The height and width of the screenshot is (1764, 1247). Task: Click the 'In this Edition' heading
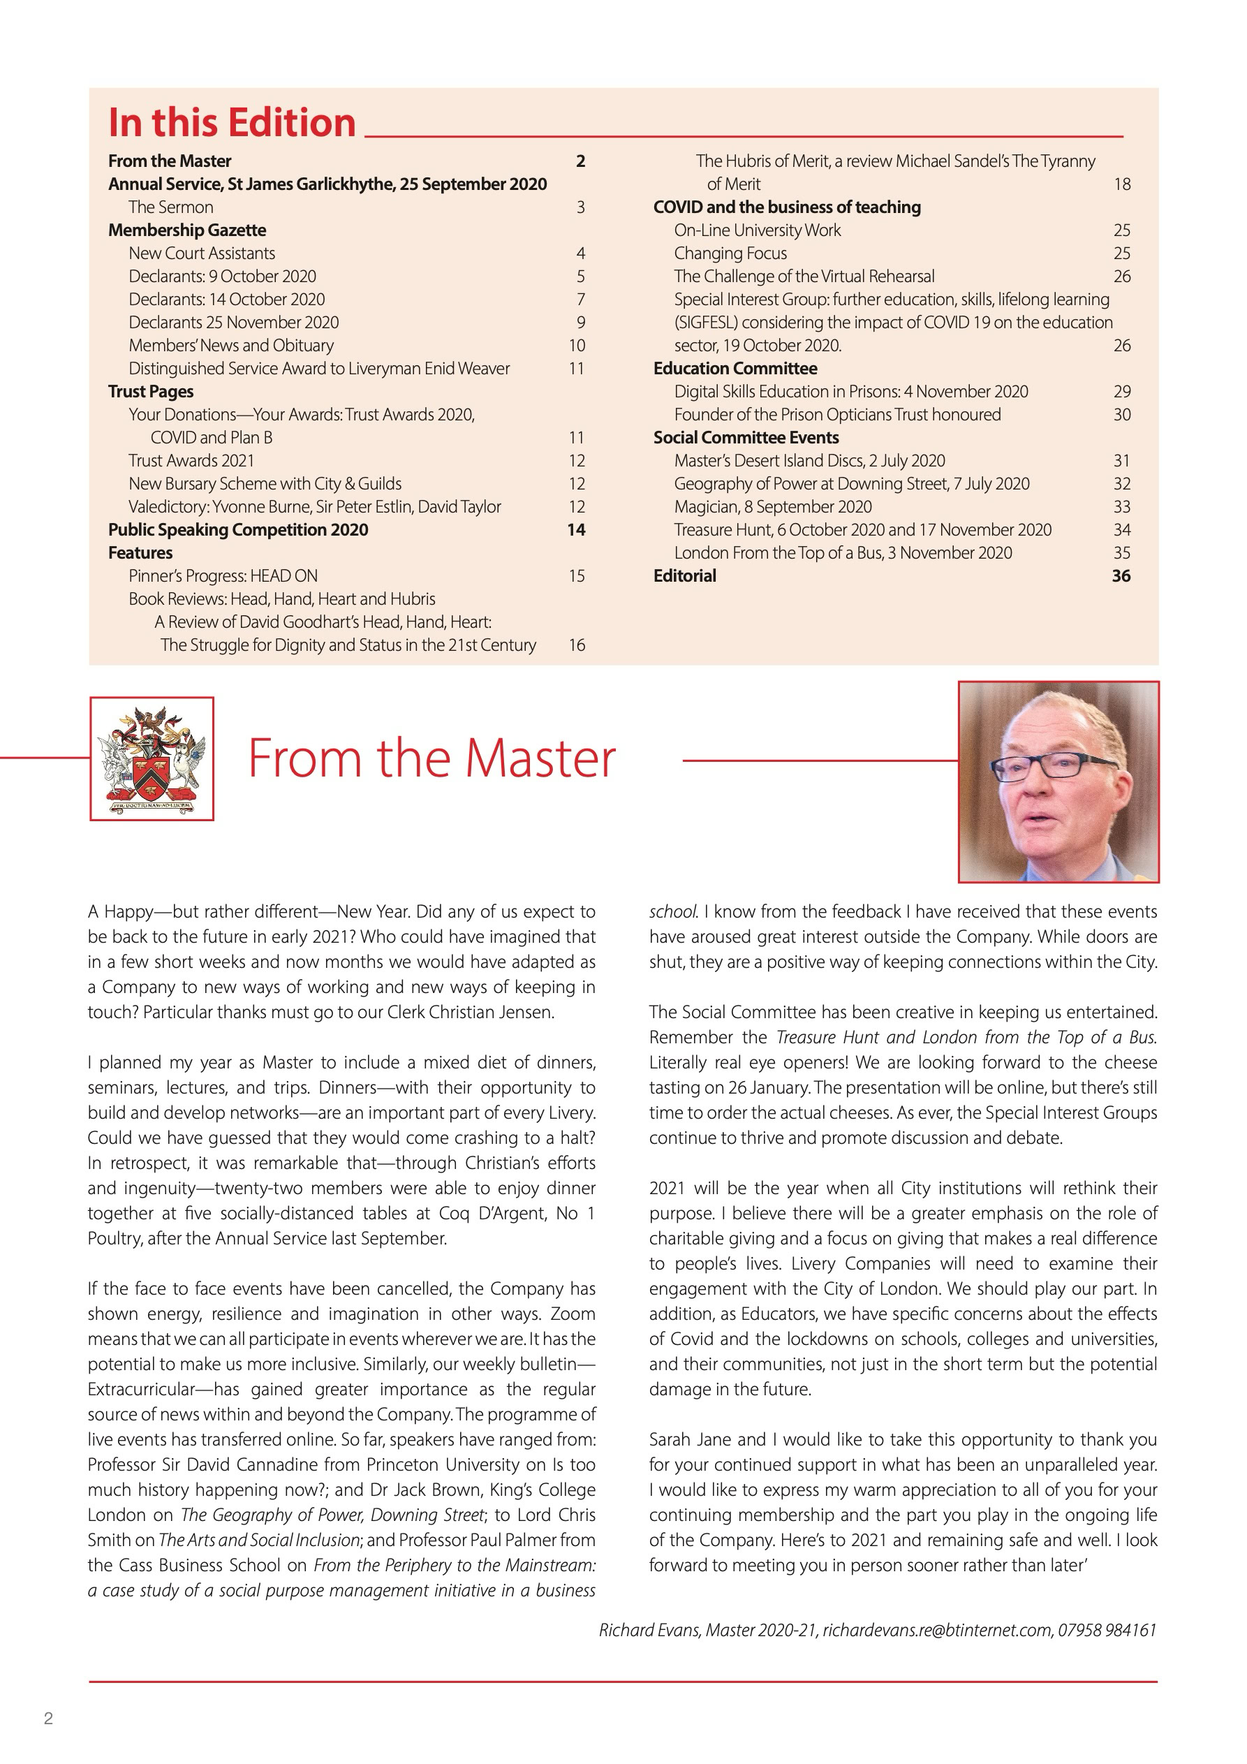pyautogui.click(x=232, y=123)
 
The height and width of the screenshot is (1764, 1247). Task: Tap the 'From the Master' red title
pyautogui.click(x=431, y=758)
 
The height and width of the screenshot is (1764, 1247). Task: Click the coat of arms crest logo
pyautogui.click(x=152, y=758)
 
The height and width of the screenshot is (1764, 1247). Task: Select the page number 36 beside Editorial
pyautogui.click(x=1121, y=576)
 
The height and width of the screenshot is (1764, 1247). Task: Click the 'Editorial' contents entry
pyautogui.click(x=684, y=576)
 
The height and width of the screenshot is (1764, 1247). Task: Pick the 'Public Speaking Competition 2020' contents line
pyautogui.click(x=238, y=530)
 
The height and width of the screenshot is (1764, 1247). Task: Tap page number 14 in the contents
pyautogui.click(x=576, y=530)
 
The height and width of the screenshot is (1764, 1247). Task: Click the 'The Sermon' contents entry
pyautogui.click(x=170, y=207)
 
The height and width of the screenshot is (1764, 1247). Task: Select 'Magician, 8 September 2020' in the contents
pyautogui.click(x=773, y=507)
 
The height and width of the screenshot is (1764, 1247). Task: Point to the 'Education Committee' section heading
pyautogui.click(x=735, y=369)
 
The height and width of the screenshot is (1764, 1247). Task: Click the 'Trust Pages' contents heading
pyautogui.click(x=151, y=392)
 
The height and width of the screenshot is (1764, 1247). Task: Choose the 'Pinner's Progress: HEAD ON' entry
pyautogui.click(x=223, y=576)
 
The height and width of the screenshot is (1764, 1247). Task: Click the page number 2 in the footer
pyautogui.click(x=48, y=1719)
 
